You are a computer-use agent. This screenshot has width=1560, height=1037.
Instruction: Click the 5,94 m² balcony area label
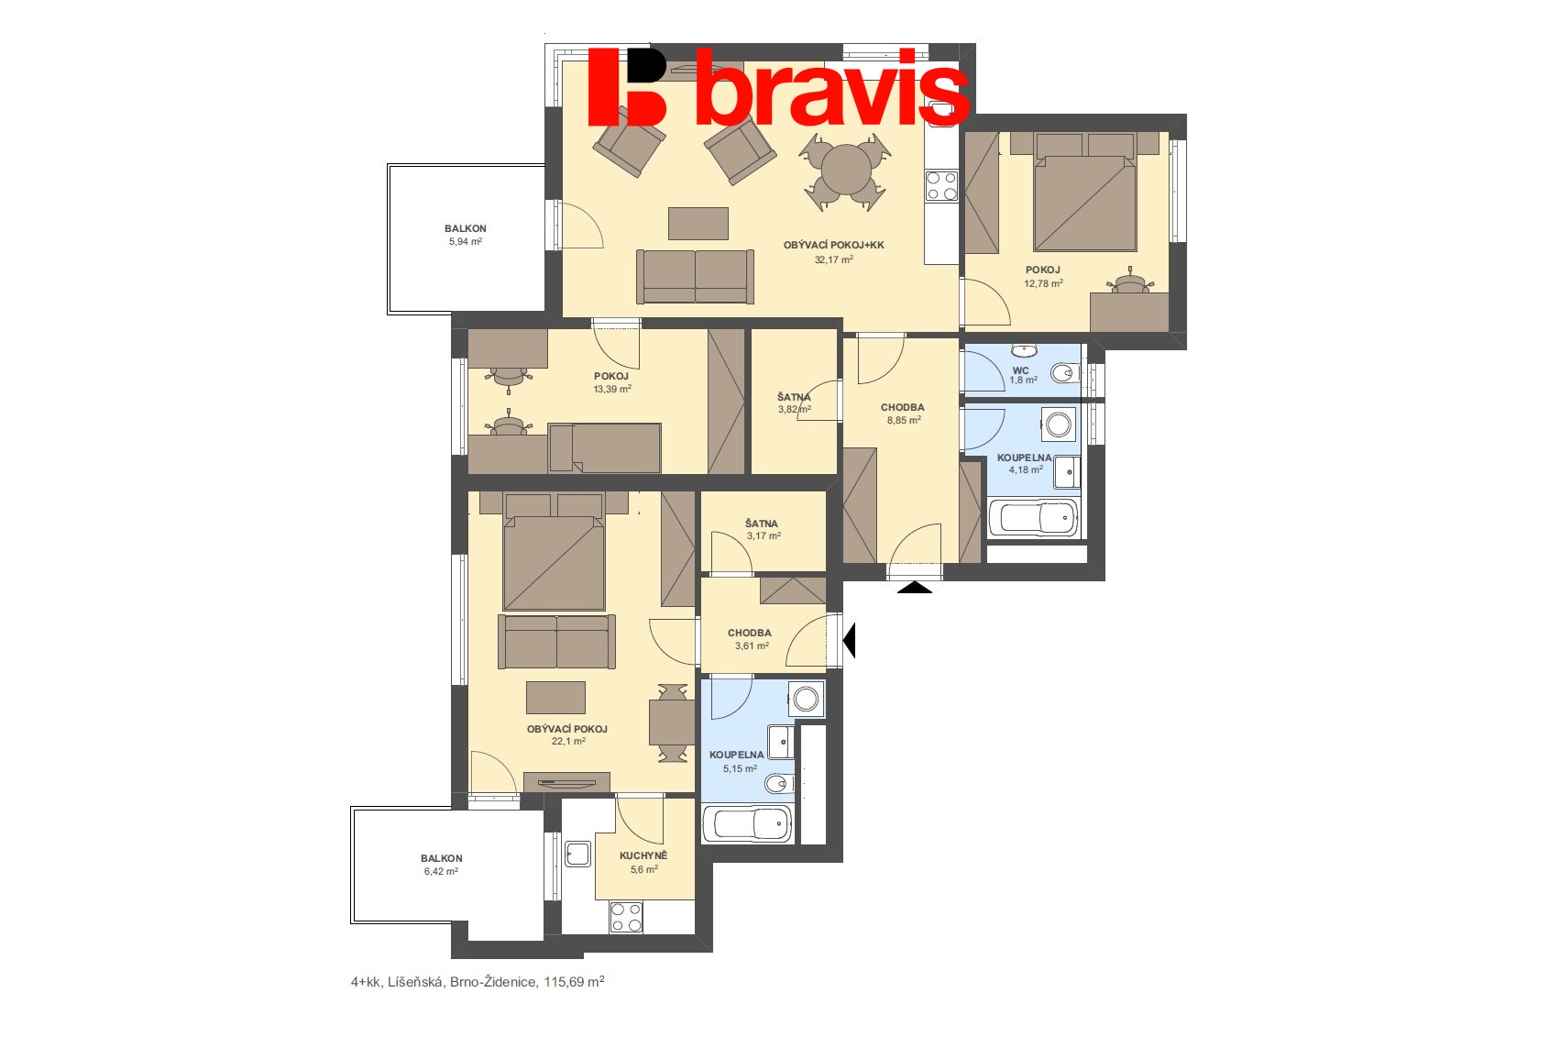click(465, 242)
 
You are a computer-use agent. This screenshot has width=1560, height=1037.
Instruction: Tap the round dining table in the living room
click(846, 171)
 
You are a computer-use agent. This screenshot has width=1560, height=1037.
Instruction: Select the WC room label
click(1020, 370)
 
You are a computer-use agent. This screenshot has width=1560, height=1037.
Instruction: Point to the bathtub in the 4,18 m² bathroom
click(1033, 519)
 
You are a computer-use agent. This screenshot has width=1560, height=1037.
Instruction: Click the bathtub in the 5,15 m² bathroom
click(746, 824)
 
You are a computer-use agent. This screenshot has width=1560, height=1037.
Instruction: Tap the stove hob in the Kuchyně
click(626, 917)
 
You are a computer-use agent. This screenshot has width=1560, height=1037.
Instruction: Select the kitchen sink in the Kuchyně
click(577, 854)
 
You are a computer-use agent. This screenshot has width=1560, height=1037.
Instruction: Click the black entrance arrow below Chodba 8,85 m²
click(914, 588)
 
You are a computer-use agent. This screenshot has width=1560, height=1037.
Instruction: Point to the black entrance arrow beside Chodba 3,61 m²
click(849, 640)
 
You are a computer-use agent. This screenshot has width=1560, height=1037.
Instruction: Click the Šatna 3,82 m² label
click(794, 403)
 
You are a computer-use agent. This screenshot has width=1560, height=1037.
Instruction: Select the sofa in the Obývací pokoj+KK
click(695, 276)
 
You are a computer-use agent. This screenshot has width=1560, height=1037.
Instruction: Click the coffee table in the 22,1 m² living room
click(555, 698)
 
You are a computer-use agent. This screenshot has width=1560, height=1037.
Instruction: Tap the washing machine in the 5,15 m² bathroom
click(806, 699)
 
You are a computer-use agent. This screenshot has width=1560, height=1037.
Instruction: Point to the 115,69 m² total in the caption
click(574, 982)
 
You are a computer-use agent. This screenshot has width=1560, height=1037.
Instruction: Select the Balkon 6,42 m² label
click(441, 865)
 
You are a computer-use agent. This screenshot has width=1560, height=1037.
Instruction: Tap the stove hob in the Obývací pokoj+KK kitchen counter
click(941, 186)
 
